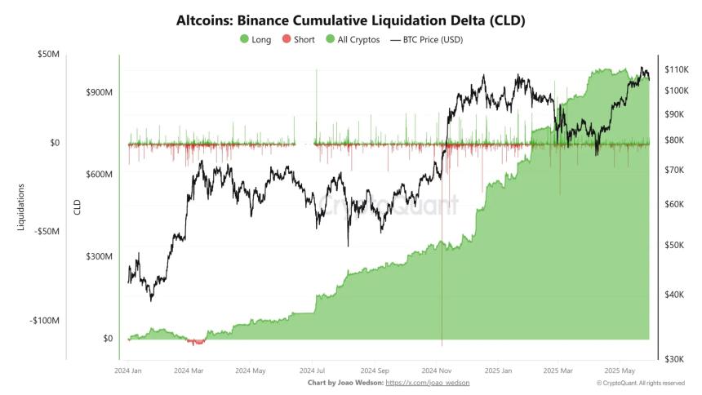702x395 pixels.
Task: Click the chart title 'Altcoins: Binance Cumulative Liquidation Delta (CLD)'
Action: coord(350,20)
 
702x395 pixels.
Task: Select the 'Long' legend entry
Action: coord(255,39)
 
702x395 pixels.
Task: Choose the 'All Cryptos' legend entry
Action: coord(352,39)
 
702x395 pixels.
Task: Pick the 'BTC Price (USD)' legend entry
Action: coord(426,39)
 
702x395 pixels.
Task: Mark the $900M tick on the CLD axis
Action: coord(99,92)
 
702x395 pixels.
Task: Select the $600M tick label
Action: coord(99,174)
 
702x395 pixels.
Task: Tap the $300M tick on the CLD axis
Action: coord(99,256)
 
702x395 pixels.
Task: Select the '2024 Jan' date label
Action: coord(127,370)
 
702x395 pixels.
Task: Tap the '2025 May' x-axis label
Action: coord(618,370)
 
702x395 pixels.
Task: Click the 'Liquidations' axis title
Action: coord(21,206)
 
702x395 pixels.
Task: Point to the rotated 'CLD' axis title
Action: coord(78,206)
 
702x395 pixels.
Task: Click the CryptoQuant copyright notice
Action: coord(640,382)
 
